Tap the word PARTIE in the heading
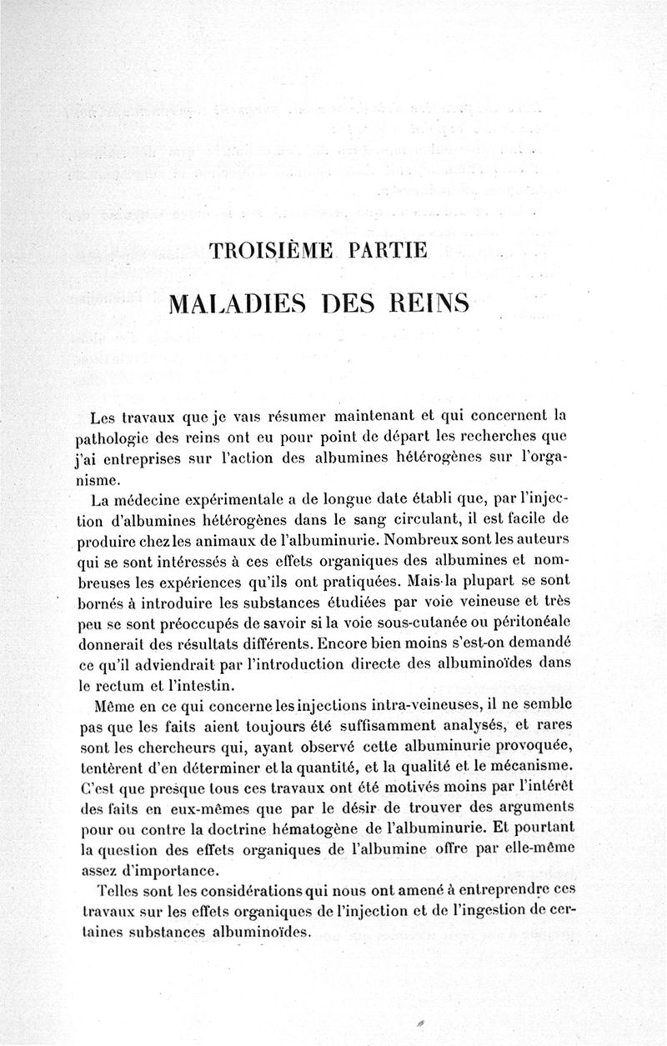point(385,251)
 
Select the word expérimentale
point(243,501)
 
